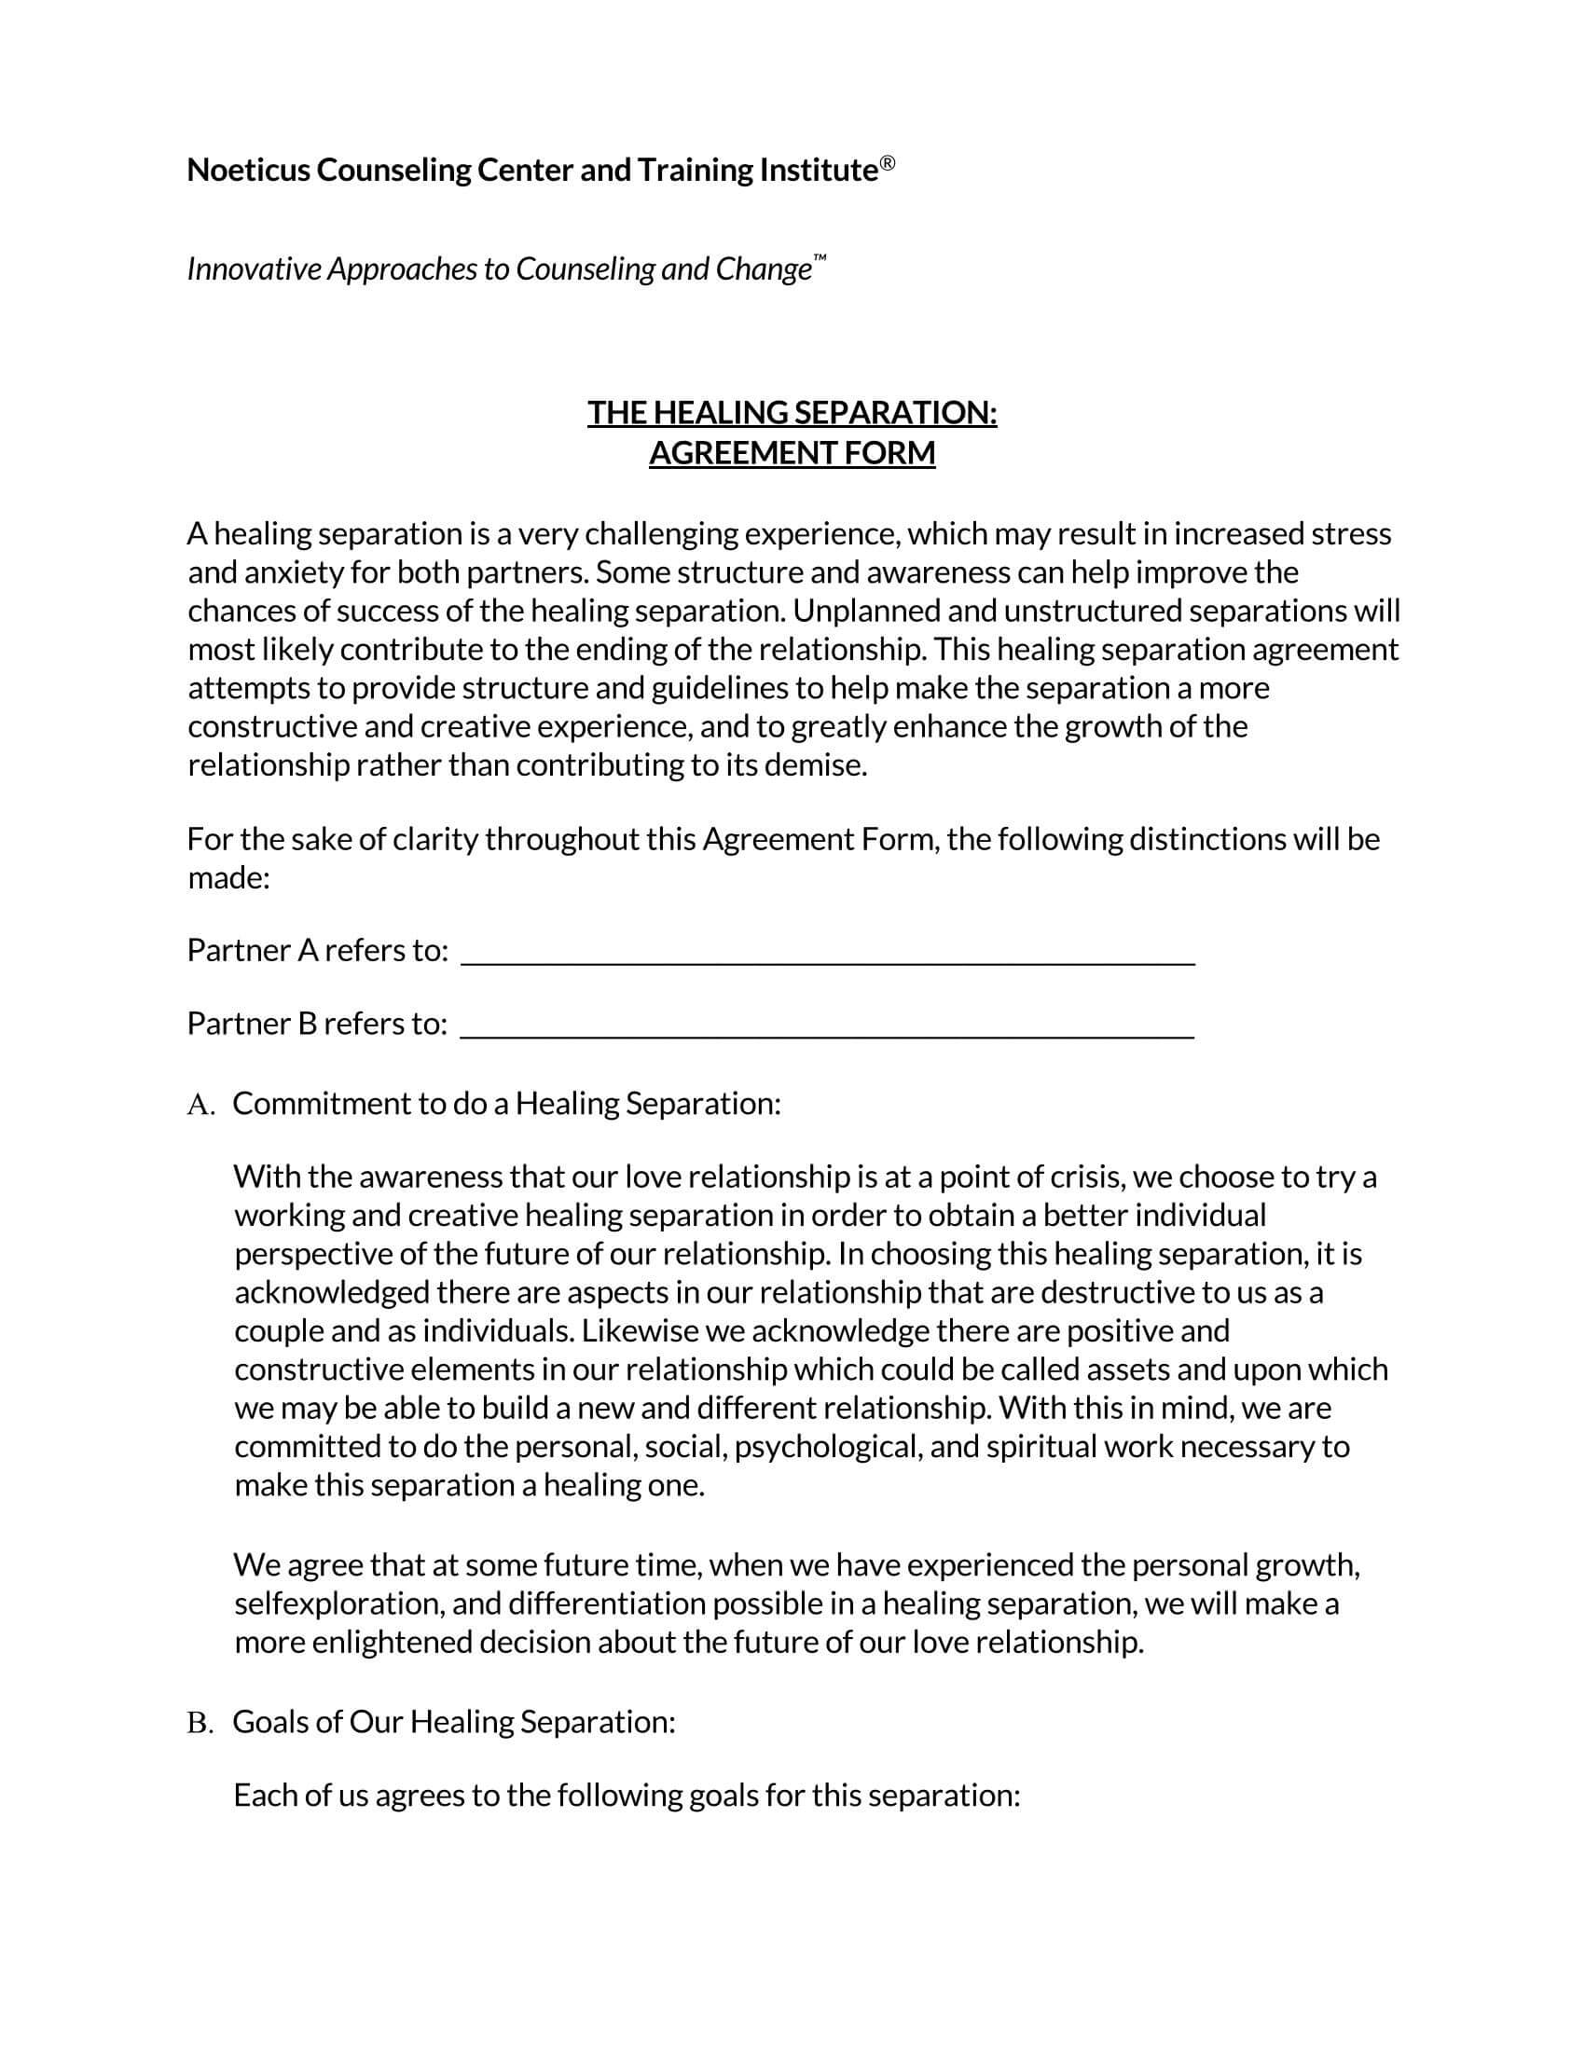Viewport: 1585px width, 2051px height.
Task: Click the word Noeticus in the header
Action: [249, 170]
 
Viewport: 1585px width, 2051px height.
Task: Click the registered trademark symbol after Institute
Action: [888, 165]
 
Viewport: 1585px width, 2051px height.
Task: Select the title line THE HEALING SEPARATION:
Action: [792, 412]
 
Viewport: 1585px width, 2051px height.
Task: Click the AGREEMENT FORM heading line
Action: [792, 453]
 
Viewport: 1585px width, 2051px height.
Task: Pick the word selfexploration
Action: [339, 1604]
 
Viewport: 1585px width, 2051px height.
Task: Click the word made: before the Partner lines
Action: [228, 878]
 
